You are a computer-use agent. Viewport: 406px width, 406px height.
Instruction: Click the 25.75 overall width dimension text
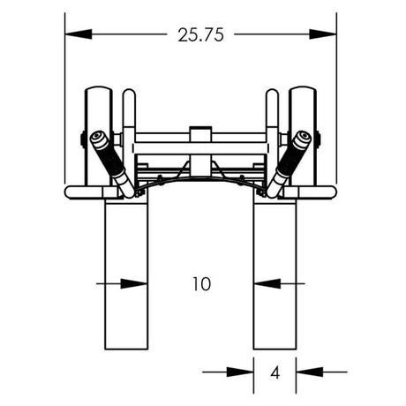pos(200,35)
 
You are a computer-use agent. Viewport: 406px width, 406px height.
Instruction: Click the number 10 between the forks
pos(200,284)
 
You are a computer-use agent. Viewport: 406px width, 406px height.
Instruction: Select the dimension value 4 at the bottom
pos(274,372)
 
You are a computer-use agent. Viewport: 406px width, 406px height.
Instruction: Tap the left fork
pos(126,274)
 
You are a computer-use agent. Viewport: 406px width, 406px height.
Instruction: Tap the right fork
pos(274,274)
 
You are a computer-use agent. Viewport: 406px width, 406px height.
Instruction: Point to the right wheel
pos(304,132)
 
